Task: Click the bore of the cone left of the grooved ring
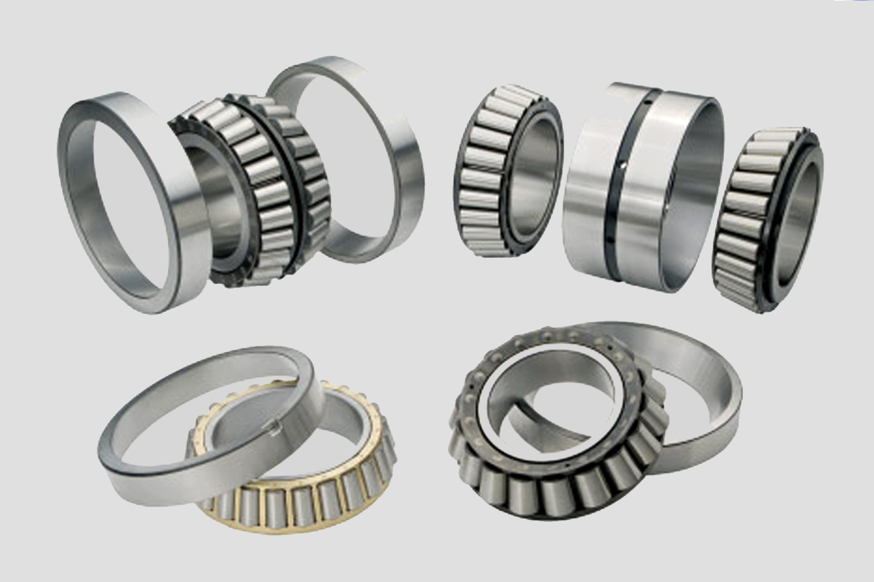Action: pyautogui.click(x=533, y=174)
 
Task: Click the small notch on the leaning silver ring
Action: pyautogui.click(x=274, y=428)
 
